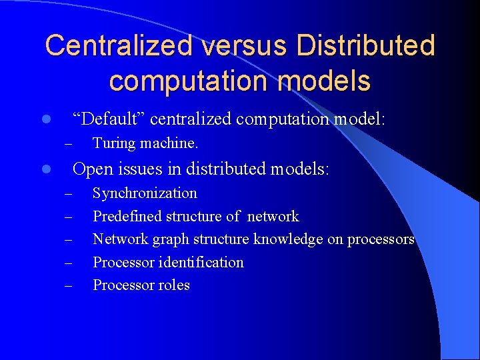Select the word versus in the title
tap(237, 46)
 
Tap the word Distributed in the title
tap(365, 46)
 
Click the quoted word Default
tap(109, 119)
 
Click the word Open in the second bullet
tap(92, 169)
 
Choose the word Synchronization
tap(145, 193)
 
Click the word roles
tap(173, 285)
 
